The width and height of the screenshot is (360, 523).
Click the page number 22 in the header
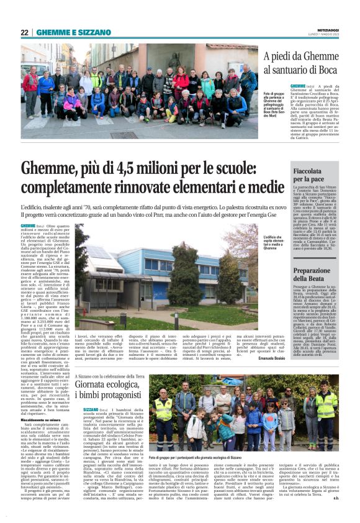coord(24,32)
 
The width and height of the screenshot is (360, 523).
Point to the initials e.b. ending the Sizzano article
coord(334,514)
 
